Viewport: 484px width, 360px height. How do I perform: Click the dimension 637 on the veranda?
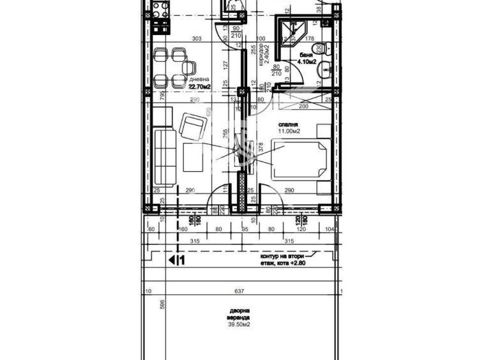click(239, 292)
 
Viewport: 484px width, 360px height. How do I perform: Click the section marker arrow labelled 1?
click(176, 260)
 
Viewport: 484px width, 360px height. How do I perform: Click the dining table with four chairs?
click(172, 66)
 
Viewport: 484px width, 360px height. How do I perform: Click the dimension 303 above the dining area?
click(196, 39)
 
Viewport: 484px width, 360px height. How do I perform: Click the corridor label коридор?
click(262, 57)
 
